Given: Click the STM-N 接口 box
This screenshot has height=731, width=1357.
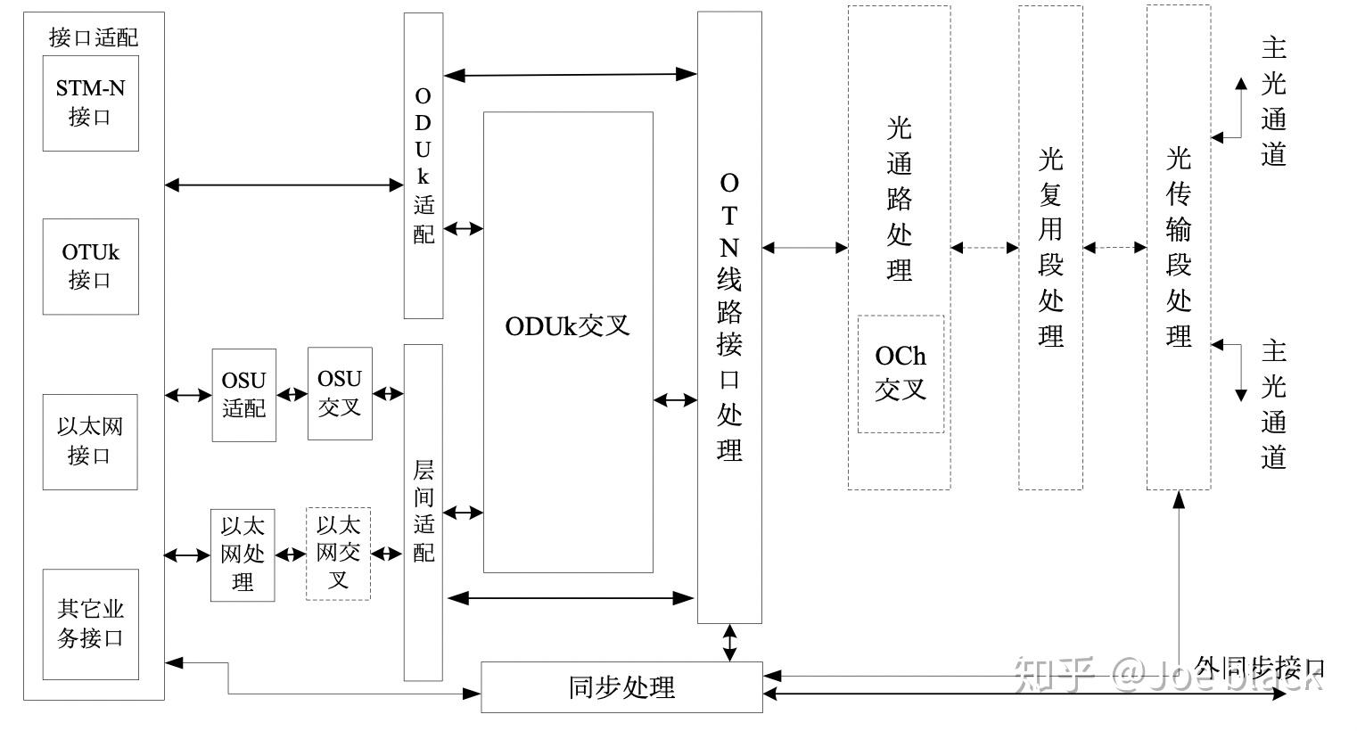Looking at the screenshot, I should click(x=90, y=103).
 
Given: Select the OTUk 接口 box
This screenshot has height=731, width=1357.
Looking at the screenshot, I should click(x=90, y=267).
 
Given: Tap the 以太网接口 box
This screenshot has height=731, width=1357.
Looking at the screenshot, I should click(x=90, y=441).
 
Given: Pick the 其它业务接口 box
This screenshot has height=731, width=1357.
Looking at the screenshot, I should click(x=90, y=624).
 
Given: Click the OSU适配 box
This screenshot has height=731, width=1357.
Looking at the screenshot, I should click(x=243, y=395).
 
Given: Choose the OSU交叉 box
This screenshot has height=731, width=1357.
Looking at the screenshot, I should click(x=340, y=393).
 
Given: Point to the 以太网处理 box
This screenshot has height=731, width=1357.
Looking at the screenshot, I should click(x=243, y=555).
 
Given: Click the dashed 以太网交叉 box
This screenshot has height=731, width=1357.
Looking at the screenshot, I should click(x=338, y=554).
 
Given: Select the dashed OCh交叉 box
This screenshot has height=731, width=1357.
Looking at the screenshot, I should click(x=901, y=374).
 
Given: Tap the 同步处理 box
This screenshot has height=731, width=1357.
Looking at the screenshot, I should click(x=621, y=687).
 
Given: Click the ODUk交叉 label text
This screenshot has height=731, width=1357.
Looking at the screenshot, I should click(x=567, y=326).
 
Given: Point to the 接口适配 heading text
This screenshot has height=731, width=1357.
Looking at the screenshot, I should click(x=94, y=37).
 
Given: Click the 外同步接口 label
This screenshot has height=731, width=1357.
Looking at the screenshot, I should click(x=1259, y=668).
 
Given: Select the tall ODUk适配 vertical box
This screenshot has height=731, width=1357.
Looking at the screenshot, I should click(x=424, y=166).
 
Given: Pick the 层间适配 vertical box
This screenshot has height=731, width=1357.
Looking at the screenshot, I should click(x=424, y=512).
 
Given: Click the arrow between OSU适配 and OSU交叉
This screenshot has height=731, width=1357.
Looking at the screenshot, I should click(x=292, y=395).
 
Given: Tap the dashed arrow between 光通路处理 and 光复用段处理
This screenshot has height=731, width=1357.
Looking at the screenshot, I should click(x=984, y=248).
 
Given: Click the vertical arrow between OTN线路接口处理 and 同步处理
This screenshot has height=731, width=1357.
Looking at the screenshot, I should click(x=730, y=643).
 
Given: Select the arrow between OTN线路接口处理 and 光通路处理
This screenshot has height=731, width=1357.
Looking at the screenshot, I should click(x=804, y=248).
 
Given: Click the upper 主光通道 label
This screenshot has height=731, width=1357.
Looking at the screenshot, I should click(x=1273, y=102).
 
